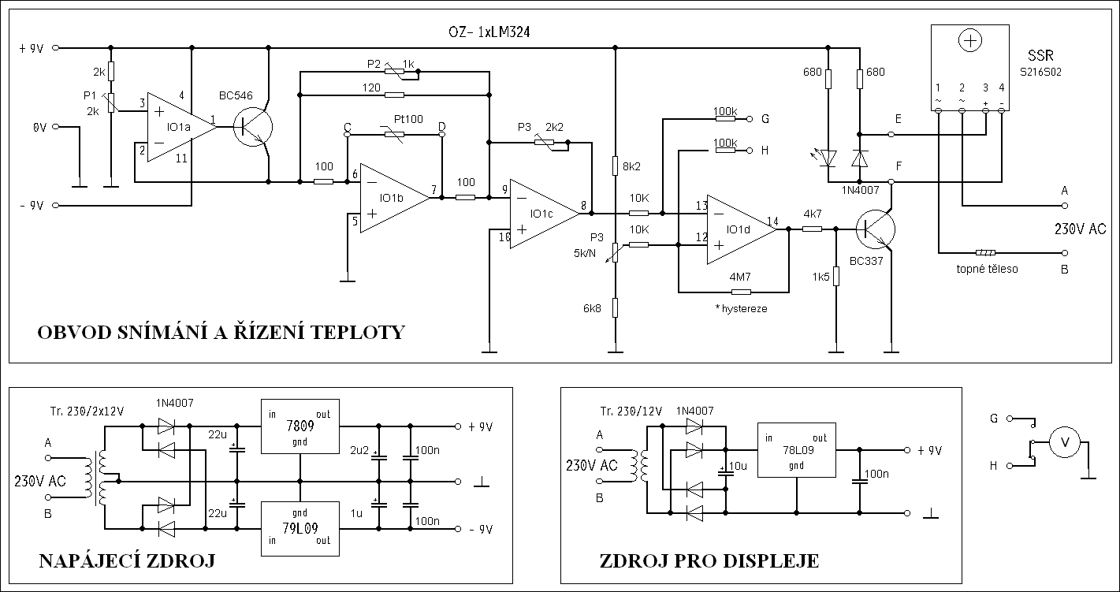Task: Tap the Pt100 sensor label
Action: click(408, 118)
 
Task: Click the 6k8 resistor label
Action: click(593, 309)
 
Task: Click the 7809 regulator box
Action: click(300, 426)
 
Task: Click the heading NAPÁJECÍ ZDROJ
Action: click(126, 561)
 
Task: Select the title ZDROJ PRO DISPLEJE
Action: click(709, 561)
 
